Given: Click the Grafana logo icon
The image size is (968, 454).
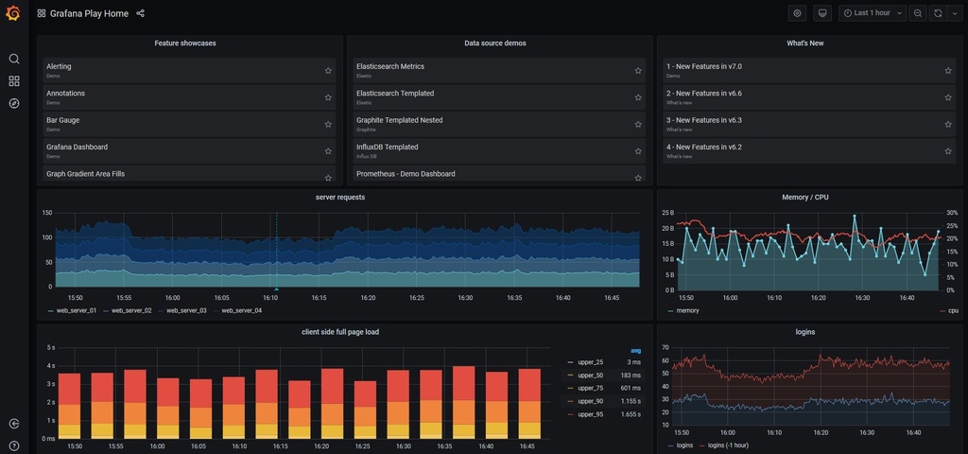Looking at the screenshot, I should [x=13, y=13].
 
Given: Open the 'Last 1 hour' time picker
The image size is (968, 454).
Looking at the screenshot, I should [x=872, y=13].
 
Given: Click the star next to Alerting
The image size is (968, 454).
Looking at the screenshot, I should [x=328, y=70].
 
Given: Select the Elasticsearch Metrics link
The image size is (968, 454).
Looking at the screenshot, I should [x=389, y=67].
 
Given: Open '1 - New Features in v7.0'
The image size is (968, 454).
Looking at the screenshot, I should [x=703, y=67].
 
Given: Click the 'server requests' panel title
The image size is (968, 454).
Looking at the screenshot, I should [x=339, y=197].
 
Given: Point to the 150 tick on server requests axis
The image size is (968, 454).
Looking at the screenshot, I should [x=46, y=213].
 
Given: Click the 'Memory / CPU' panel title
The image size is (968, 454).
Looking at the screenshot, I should [x=805, y=197].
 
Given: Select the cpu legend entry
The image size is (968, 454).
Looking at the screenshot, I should [x=952, y=310].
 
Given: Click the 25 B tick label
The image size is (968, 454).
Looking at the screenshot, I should [x=666, y=213].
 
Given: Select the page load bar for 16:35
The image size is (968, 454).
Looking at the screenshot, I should [x=463, y=402].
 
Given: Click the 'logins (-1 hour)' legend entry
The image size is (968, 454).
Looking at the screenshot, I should [x=728, y=445].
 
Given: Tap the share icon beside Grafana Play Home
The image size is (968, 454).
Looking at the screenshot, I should [x=141, y=13].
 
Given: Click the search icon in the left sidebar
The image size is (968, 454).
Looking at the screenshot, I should [x=14, y=59].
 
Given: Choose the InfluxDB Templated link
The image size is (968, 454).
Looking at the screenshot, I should [x=387, y=148].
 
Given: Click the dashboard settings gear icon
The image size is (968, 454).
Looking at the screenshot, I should [x=798, y=13].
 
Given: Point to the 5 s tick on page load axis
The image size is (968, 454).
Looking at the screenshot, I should [x=50, y=348].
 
